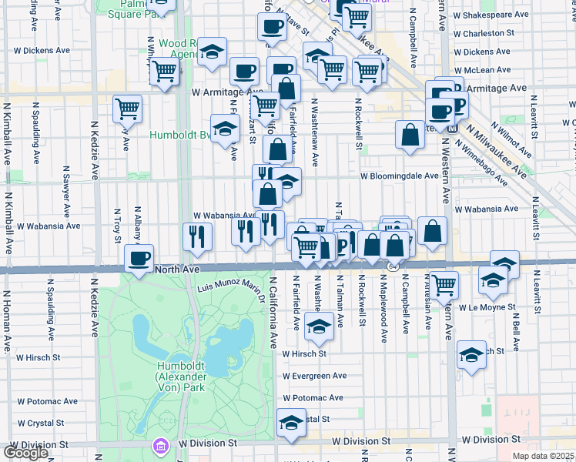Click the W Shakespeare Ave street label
click(x=491, y=15)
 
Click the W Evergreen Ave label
click(x=314, y=376)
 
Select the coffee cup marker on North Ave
click(x=139, y=259)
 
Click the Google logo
click(x=25, y=453)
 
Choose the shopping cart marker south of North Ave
click(x=444, y=284)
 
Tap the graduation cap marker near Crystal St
click(x=290, y=423)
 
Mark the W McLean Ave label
click(x=483, y=69)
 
